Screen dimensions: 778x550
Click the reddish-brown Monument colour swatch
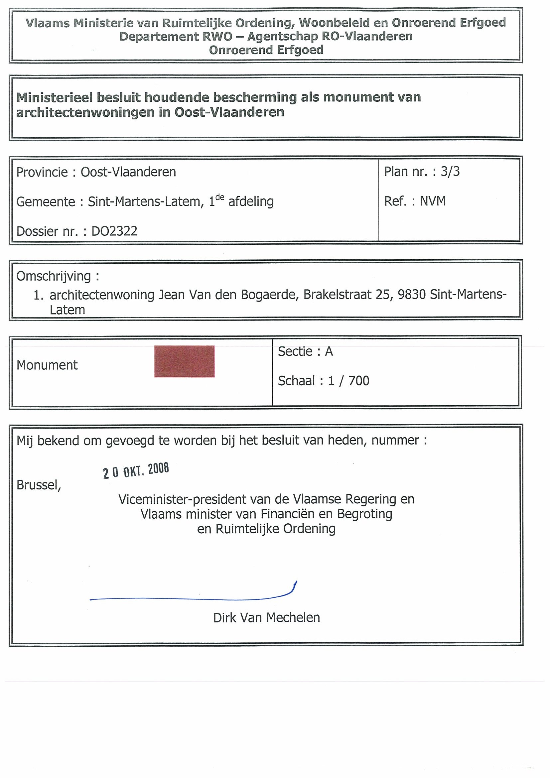(x=184, y=361)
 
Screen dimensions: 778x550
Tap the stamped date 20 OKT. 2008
(x=136, y=471)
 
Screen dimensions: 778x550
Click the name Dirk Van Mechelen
(x=266, y=618)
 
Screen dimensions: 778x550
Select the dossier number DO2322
(x=114, y=231)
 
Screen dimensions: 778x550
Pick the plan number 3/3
(x=450, y=172)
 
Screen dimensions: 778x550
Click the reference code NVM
(x=433, y=201)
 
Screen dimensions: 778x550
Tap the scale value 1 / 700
(x=348, y=381)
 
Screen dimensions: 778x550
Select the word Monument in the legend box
(x=47, y=365)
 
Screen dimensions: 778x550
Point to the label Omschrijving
(x=54, y=277)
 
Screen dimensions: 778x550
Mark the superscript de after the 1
(x=219, y=197)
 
